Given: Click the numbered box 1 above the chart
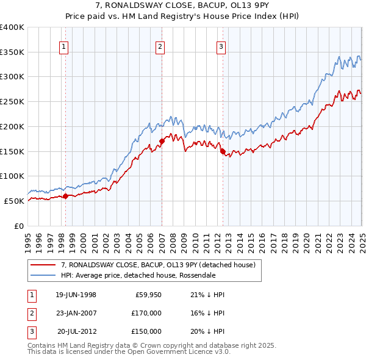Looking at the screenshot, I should [64, 46].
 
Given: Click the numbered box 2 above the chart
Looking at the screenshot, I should [160, 46].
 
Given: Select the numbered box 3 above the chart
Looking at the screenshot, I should [221, 46].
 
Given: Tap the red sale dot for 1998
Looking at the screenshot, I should [65, 196].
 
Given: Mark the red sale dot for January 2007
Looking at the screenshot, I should [162, 141].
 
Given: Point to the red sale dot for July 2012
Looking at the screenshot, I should [223, 151].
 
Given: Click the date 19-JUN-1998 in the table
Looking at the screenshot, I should [76, 295].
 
